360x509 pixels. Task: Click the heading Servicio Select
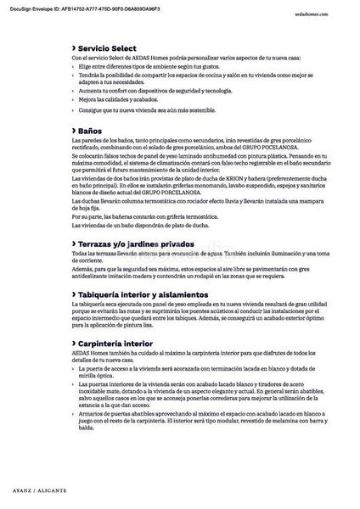click(110, 49)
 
